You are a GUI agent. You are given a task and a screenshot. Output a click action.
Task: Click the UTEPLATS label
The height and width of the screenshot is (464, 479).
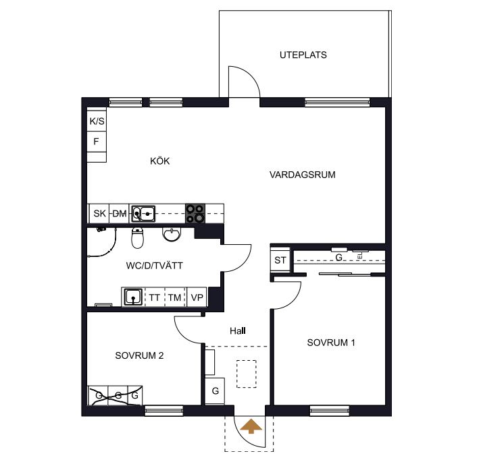coord(303,55)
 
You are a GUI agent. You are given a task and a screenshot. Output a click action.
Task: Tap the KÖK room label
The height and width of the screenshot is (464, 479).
coord(159,161)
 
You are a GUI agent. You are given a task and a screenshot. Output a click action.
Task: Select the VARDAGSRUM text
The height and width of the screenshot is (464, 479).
coord(303,175)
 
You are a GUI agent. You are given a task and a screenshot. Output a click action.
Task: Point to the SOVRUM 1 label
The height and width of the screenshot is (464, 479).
coord(331,343)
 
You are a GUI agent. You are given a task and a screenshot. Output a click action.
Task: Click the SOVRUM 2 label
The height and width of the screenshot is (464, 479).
coord(139,355)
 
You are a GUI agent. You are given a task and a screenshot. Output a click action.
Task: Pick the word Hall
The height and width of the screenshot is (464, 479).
coord(238,330)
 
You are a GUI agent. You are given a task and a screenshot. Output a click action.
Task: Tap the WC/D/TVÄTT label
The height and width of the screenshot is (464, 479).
coord(154,266)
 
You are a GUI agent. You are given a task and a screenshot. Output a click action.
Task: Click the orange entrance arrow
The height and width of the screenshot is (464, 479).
coord(251,426)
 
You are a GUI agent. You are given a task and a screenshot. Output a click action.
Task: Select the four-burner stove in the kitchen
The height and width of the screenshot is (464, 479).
coord(195,213)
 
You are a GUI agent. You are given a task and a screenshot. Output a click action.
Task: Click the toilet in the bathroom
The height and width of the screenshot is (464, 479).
coord(137,237)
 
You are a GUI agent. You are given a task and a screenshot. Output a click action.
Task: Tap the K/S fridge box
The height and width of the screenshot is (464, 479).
coord(97,121)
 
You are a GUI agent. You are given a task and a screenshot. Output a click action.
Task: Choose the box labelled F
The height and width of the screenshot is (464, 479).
coord(97,142)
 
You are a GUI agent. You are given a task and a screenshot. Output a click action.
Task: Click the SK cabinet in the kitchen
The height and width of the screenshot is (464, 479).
coord(99,213)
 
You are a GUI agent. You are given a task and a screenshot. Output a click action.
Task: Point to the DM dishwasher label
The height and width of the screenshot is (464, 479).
coord(120,214)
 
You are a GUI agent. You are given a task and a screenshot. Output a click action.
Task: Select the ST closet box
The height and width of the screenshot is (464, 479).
coord(280,260)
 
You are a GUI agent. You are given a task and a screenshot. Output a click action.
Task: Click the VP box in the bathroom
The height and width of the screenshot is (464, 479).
coord(197,297)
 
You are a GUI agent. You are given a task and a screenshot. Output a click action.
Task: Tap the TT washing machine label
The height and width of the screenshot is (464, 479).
coord(155,297)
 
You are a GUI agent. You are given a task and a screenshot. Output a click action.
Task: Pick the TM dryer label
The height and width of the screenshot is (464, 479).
coord(174,297)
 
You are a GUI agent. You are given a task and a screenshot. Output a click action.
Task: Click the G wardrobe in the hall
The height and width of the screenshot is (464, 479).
coord(215,391)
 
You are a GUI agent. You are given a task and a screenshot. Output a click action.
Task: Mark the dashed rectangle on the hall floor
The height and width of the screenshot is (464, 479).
coord(247,374)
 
